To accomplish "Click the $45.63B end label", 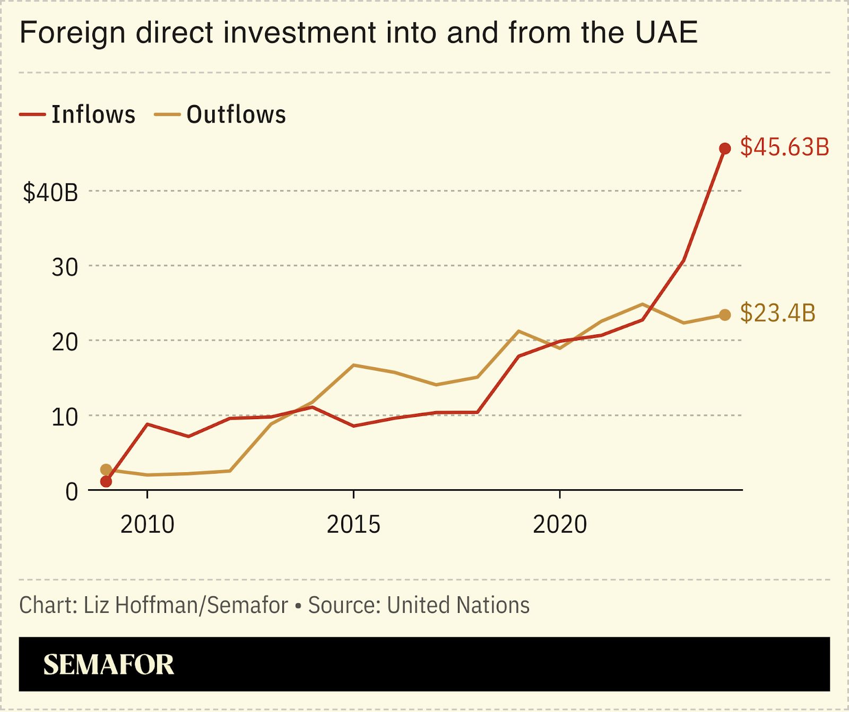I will tap(784, 147).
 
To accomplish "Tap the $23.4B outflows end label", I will tap(777, 313).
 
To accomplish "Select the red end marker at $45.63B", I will tap(725, 149).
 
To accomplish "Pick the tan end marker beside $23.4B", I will tap(725, 315).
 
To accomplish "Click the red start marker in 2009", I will tap(106, 481).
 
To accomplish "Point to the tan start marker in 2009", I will tap(106, 470).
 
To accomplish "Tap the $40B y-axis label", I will tap(50, 192).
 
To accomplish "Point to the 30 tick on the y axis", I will tap(65, 267).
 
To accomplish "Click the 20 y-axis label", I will tap(65, 342).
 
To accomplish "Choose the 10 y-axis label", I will tap(65, 418).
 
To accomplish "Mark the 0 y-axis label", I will tap(72, 492).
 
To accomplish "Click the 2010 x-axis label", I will tap(148, 525).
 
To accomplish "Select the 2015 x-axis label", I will tap(353, 525).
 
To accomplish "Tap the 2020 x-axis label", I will tap(560, 525).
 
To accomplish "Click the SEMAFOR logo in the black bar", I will tap(109, 665).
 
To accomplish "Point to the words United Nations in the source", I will tap(458, 605).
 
